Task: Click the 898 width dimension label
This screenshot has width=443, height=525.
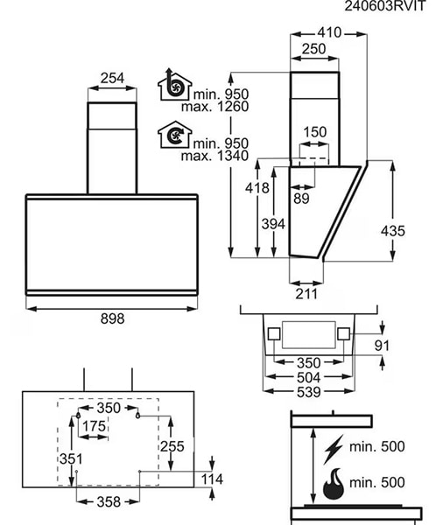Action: [x=112, y=318]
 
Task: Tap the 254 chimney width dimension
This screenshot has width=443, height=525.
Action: [x=112, y=78]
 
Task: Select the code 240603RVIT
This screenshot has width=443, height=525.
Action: [x=384, y=6]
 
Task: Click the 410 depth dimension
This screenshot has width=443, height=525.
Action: [x=329, y=32]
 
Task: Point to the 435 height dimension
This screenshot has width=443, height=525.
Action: [x=393, y=231]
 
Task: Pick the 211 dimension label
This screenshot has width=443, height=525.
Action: [x=306, y=294]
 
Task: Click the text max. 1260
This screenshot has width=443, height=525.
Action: [x=214, y=107]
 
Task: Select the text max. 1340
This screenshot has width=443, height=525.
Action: [x=214, y=156]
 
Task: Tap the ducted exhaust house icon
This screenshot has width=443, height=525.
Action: [x=174, y=85]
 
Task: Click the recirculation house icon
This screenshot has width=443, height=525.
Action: [x=174, y=135]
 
